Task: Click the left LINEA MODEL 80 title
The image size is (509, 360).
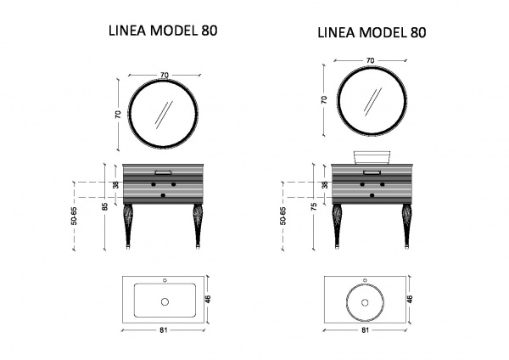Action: pyautogui.click(x=163, y=31)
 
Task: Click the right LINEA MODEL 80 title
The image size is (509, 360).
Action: pyautogui.click(x=372, y=32)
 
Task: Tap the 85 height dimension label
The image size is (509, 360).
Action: pyautogui.click(x=105, y=206)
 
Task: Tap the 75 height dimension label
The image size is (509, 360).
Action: pyautogui.click(x=314, y=206)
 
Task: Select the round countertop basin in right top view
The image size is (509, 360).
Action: pyautogui.click(x=365, y=302)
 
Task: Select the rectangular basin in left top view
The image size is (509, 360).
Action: pyautogui.click(x=165, y=301)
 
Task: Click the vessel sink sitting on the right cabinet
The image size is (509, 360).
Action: pyautogui.click(x=372, y=157)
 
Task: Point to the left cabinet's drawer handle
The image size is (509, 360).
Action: pyautogui.click(x=164, y=172)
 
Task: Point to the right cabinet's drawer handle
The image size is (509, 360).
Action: pyautogui.click(x=372, y=172)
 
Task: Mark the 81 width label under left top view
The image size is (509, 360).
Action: pyautogui.click(x=164, y=330)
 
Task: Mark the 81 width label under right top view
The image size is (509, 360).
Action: pyautogui.click(x=365, y=330)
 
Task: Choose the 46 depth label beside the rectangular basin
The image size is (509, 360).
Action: pyautogui.click(x=208, y=299)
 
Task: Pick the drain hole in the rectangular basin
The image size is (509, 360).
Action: pyautogui.click(x=165, y=302)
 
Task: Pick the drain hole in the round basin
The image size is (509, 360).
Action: pyautogui.click(x=365, y=302)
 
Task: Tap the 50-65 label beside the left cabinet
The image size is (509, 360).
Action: pyautogui.click(x=75, y=216)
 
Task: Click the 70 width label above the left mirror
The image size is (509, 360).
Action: pyautogui.click(x=165, y=75)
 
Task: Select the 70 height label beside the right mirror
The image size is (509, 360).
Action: pyautogui.click(x=324, y=99)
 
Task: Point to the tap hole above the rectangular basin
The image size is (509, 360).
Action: pyautogui.click(x=165, y=280)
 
